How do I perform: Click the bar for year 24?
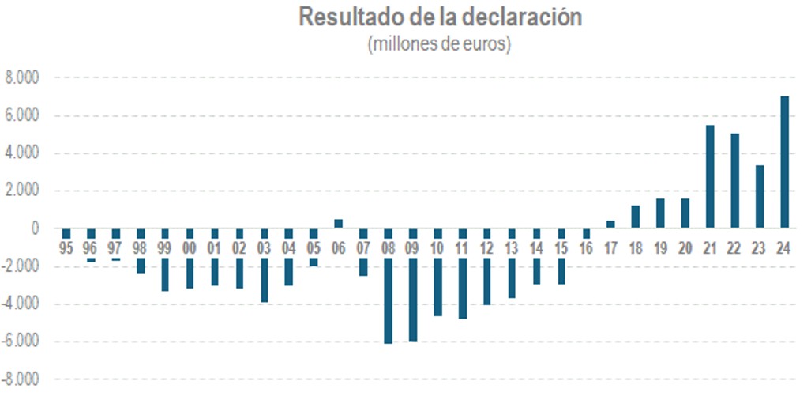click(x=784, y=162)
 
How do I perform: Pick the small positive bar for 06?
click(x=338, y=224)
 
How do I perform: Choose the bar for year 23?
click(x=760, y=197)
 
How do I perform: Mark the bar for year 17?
click(x=610, y=225)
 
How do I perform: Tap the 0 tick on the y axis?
click(x=35, y=228)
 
